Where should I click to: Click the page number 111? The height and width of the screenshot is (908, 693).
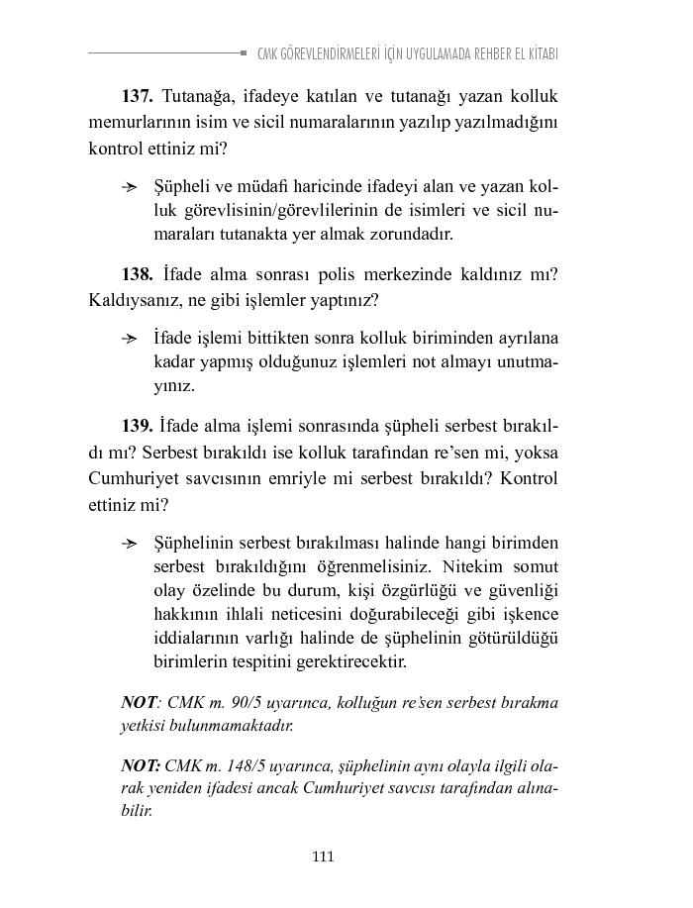pos(323,857)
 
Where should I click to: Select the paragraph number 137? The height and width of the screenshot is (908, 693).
pos(137,97)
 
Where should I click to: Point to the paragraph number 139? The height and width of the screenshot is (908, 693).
pos(137,427)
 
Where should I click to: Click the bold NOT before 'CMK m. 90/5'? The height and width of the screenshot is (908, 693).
pos(139,703)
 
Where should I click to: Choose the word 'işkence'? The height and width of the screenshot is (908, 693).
pos(531,614)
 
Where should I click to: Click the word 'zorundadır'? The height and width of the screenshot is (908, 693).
pos(418,235)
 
